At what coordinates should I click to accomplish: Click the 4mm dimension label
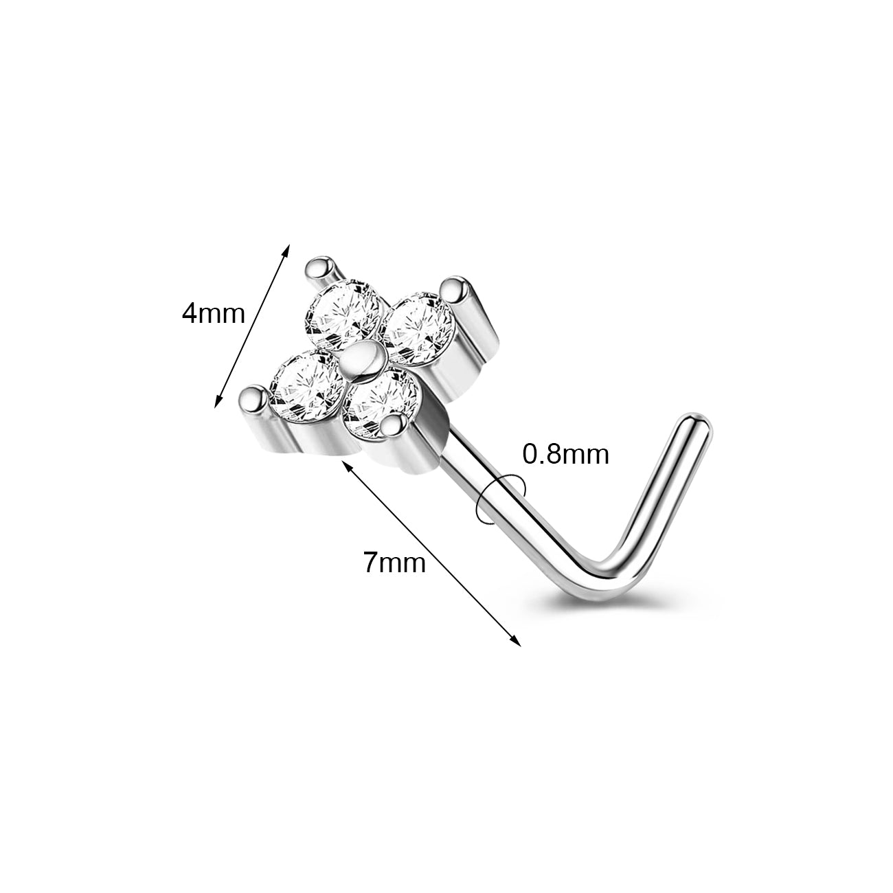click(x=213, y=314)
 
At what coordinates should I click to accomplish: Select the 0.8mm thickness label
click(x=566, y=454)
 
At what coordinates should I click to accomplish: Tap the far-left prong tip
click(x=253, y=396)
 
